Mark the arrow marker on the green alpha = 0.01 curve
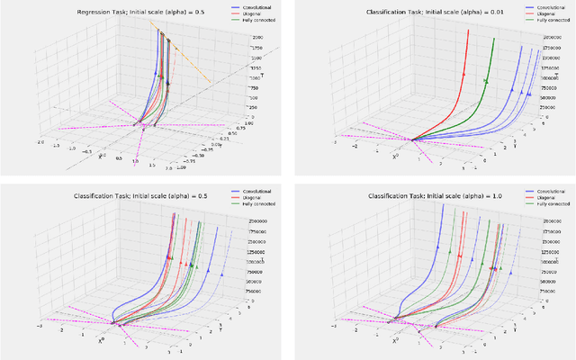(487, 81)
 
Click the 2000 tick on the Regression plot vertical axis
(230, 36)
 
